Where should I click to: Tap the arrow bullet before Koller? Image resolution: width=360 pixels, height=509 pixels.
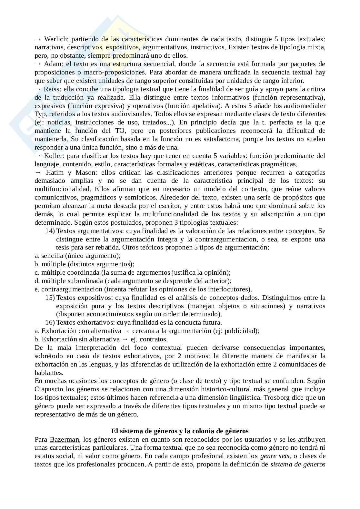tap(38, 156)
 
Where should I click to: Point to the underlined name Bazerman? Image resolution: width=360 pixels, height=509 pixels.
tap(64, 439)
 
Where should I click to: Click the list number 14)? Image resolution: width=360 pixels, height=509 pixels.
tap(50, 231)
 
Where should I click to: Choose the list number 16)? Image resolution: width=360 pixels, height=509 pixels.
tap(50, 322)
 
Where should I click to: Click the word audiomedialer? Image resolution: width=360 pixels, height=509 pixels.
tap(305, 106)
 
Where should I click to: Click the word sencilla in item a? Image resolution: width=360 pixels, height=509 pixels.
tap(52, 256)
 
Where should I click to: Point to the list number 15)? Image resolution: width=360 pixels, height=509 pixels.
tap(50, 298)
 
